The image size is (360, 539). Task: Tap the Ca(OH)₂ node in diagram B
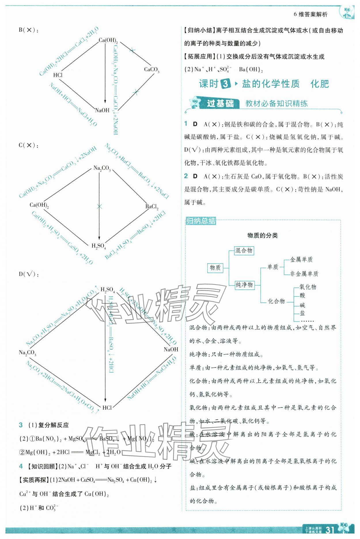tap(108, 41)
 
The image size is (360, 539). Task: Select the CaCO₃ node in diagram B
tap(151, 70)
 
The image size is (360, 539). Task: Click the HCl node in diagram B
tap(58, 75)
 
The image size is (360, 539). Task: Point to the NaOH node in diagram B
tap(102, 110)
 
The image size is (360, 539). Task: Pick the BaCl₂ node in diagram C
tap(152, 207)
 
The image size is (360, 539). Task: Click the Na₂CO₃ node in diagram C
tap(102, 168)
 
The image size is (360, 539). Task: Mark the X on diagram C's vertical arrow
tap(99, 206)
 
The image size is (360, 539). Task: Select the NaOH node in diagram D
tap(171, 349)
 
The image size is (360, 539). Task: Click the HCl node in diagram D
tap(107, 407)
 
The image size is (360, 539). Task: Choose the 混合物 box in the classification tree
tap(244, 250)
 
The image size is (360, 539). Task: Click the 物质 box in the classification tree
tap(215, 268)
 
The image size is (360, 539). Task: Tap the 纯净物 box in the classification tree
tap(244, 285)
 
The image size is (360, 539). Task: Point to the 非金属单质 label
tap(304, 274)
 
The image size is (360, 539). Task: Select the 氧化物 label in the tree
tap(308, 287)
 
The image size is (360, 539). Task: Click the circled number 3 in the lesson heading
tap(226, 84)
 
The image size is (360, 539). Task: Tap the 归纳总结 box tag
tap(201, 221)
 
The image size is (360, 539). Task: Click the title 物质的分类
tap(262, 235)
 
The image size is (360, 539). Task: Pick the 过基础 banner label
tap(220, 103)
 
